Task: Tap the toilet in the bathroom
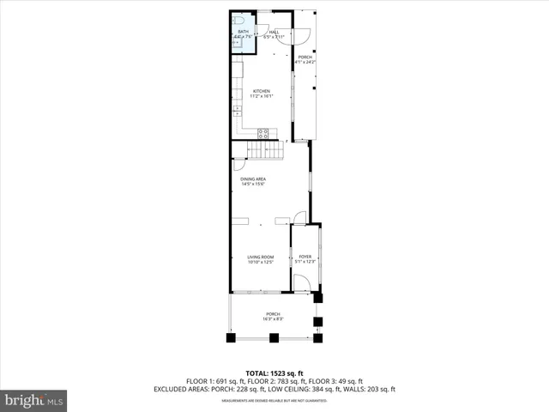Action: point(239,21)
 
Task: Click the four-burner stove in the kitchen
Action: point(264,133)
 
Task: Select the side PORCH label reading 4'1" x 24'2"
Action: point(305,60)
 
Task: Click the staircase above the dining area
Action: point(264,152)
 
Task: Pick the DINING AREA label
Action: point(253,181)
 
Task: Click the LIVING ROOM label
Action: point(260,258)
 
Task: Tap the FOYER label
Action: point(305,258)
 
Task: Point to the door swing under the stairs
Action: point(238,167)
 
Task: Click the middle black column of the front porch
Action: point(274,337)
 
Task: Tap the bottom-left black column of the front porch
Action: point(231,337)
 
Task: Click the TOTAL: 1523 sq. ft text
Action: point(274,373)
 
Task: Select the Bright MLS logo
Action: point(34,400)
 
